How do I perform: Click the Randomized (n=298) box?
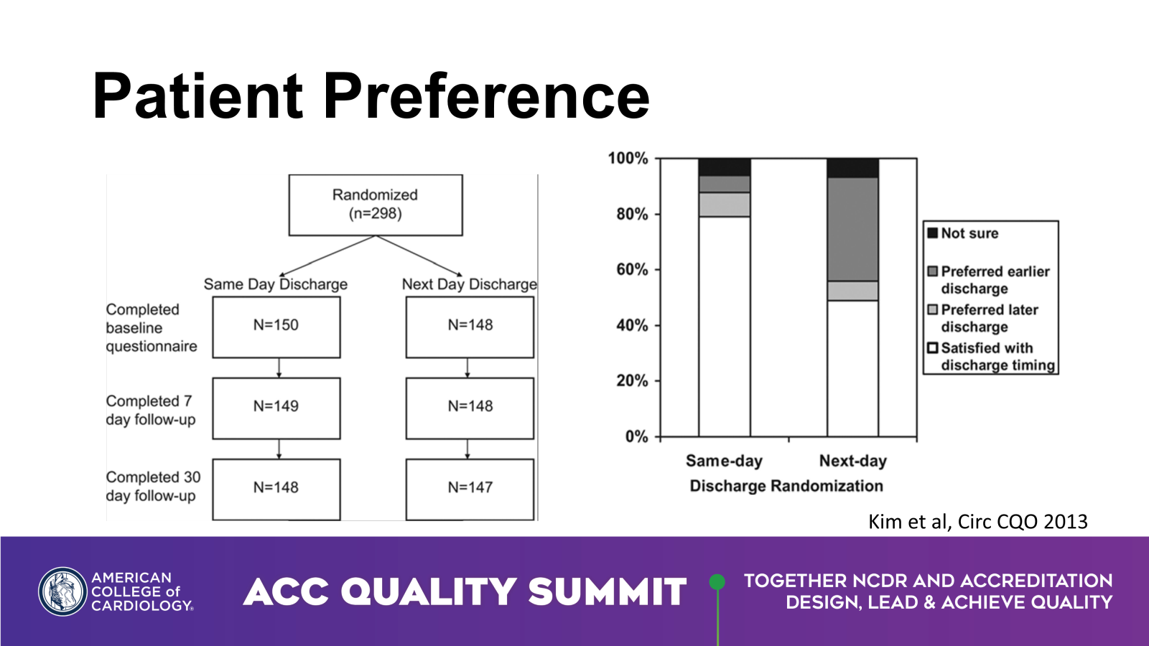376,205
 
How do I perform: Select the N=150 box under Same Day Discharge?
276,327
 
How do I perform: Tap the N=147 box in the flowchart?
470,489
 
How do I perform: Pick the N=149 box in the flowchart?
276,408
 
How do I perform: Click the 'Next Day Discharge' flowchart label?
470,284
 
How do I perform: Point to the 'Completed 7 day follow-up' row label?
151,410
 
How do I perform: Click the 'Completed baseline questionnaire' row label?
152,328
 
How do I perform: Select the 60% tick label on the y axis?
632,270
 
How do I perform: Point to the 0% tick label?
636,437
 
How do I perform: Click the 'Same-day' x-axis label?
725,461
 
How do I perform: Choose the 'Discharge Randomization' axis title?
786,486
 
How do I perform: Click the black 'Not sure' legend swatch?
933,233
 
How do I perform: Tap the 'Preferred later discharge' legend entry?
983,318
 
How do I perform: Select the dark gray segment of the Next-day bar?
852,229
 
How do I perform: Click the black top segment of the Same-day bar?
725,167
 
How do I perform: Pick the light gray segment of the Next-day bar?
852,291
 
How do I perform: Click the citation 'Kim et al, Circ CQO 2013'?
977,521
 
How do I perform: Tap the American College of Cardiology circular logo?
62,591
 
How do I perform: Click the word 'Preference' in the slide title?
486,96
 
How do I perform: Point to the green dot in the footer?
717,582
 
